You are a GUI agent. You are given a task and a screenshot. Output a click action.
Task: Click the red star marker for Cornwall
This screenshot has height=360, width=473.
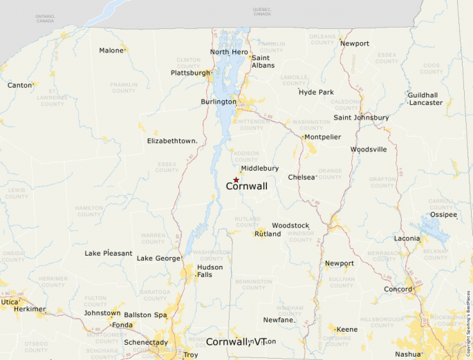pos(236,180)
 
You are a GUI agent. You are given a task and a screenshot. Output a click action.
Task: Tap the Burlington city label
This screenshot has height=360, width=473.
pos(218,102)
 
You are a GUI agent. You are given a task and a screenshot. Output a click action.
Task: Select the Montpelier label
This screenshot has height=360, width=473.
pos(322,137)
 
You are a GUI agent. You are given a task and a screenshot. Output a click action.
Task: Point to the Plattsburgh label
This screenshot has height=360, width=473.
pos(190,73)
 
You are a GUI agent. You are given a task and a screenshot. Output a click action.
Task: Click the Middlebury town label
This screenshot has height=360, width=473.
pos(259,169)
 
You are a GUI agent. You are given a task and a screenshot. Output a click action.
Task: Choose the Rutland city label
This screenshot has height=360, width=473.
pos(268,234)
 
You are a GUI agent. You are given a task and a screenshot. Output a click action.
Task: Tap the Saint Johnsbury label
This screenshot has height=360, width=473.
pos(361,117)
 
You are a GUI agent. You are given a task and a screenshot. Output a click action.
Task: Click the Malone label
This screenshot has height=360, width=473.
pos(111,50)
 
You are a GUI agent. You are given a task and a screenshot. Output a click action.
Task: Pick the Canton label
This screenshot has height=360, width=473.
pos(19,85)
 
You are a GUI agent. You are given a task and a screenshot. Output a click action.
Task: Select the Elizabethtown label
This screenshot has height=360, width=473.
pos(172,141)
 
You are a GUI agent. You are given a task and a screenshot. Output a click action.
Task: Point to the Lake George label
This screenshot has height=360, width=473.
pos(158,258)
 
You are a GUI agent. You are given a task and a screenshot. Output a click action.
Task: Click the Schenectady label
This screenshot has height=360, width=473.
pos(145,342)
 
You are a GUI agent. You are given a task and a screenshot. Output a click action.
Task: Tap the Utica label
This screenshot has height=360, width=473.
pos(10,302)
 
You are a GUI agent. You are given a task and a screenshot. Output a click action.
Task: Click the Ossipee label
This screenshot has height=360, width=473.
pos(443,215)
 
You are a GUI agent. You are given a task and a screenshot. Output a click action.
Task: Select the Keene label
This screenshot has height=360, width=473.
pos(346,330)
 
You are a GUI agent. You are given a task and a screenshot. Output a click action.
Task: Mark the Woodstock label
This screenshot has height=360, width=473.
pos(290,226)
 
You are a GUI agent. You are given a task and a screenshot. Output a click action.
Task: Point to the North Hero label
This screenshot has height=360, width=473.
pos(229,52)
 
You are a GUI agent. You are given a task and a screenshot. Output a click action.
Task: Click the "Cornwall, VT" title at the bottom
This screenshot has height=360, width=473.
pos(236,341)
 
